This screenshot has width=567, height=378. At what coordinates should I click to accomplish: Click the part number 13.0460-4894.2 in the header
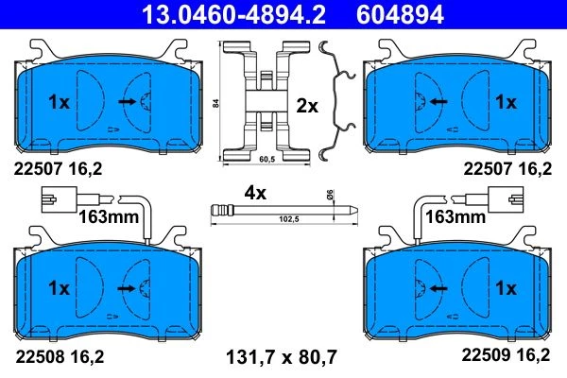[233, 14]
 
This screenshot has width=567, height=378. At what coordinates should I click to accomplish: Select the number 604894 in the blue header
[400, 14]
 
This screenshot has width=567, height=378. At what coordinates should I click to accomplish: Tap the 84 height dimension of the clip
[215, 103]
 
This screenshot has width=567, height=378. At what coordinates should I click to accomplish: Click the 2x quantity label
[307, 107]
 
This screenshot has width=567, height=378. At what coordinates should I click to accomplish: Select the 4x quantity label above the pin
[255, 193]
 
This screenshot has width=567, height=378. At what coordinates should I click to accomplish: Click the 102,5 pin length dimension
[289, 219]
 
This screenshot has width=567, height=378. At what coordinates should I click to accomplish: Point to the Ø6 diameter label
[331, 194]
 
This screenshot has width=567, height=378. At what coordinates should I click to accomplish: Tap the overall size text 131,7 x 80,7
[282, 356]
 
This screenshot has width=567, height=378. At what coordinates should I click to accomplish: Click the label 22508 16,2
[60, 356]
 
